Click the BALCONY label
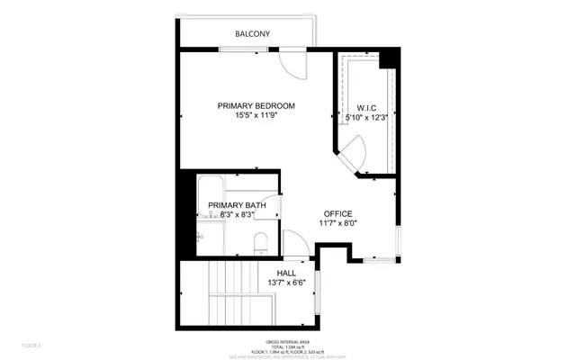253,34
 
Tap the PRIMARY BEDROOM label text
256,106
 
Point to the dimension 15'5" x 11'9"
256,116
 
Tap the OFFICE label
337,213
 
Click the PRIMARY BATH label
238,205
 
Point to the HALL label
286,273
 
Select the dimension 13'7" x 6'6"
287,283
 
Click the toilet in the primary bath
261,241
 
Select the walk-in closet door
354,152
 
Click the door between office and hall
296,244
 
